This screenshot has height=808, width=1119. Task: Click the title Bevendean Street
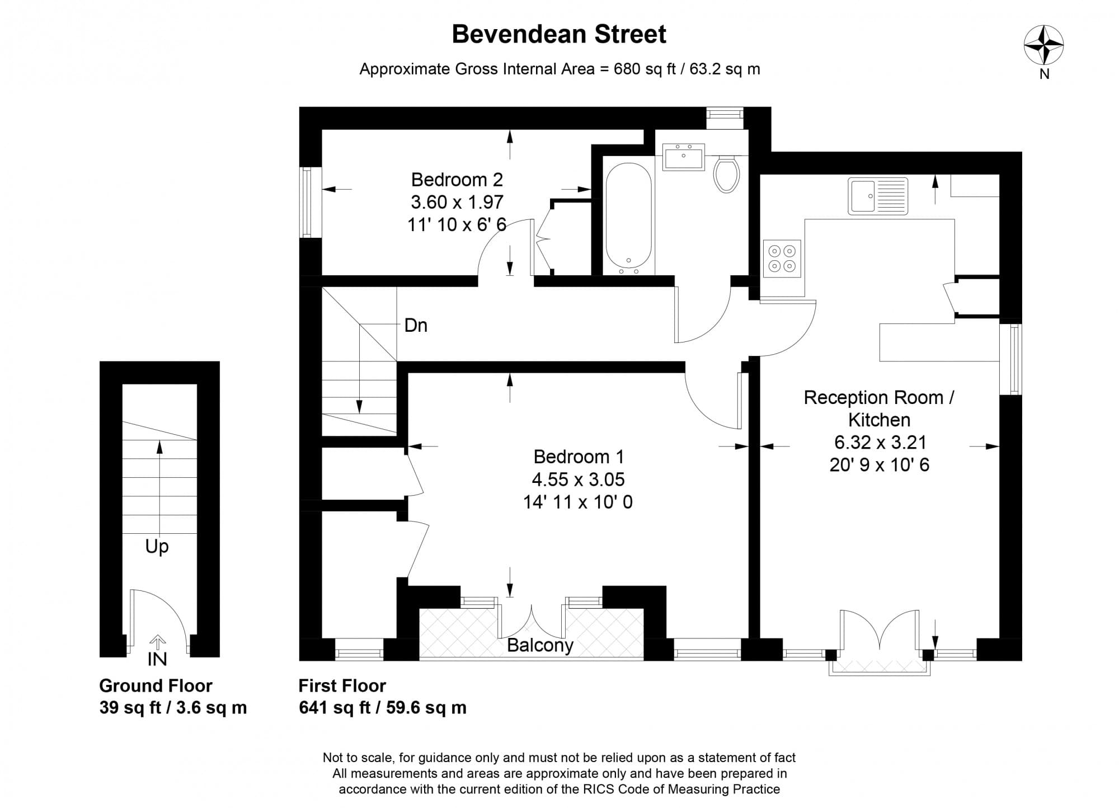point(559,34)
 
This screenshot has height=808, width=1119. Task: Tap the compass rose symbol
point(1043,45)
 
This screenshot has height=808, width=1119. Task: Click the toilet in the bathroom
point(727,173)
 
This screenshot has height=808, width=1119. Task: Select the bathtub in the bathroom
point(628,219)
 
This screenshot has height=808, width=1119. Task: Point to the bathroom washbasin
point(683,156)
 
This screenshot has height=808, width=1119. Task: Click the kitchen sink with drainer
point(878,196)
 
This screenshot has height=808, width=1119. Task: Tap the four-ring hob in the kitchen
point(782,258)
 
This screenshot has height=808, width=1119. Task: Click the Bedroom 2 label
point(457,180)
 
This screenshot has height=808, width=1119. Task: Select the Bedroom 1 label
point(579,457)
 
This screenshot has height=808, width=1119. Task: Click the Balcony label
point(540,646)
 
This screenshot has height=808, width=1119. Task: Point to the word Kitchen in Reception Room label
point(879,420)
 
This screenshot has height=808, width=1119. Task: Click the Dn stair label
point(416,325)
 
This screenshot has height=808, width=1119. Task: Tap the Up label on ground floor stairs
point(157,547)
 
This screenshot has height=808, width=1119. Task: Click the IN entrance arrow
point(157,641)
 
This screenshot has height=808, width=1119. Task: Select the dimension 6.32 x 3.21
point(880,443)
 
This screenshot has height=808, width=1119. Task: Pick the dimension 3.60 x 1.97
point(457,202)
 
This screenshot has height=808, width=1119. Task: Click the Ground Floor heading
point(156,685)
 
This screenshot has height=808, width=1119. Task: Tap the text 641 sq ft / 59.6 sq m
point(383,708)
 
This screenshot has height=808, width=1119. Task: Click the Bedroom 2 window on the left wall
point(307,202)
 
